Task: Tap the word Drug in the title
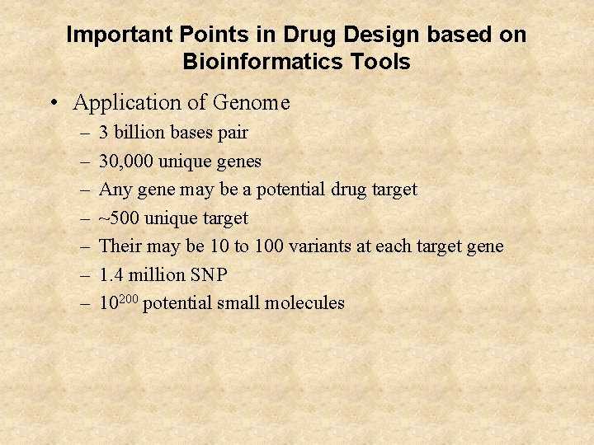pos(306,35)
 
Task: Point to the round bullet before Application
pos(54,103)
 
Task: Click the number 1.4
pos(111,274)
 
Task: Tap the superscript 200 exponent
pos(130,298)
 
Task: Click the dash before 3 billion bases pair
pos(86,132)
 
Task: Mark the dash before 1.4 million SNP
pos(86,274)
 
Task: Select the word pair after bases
pos(231,133)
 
